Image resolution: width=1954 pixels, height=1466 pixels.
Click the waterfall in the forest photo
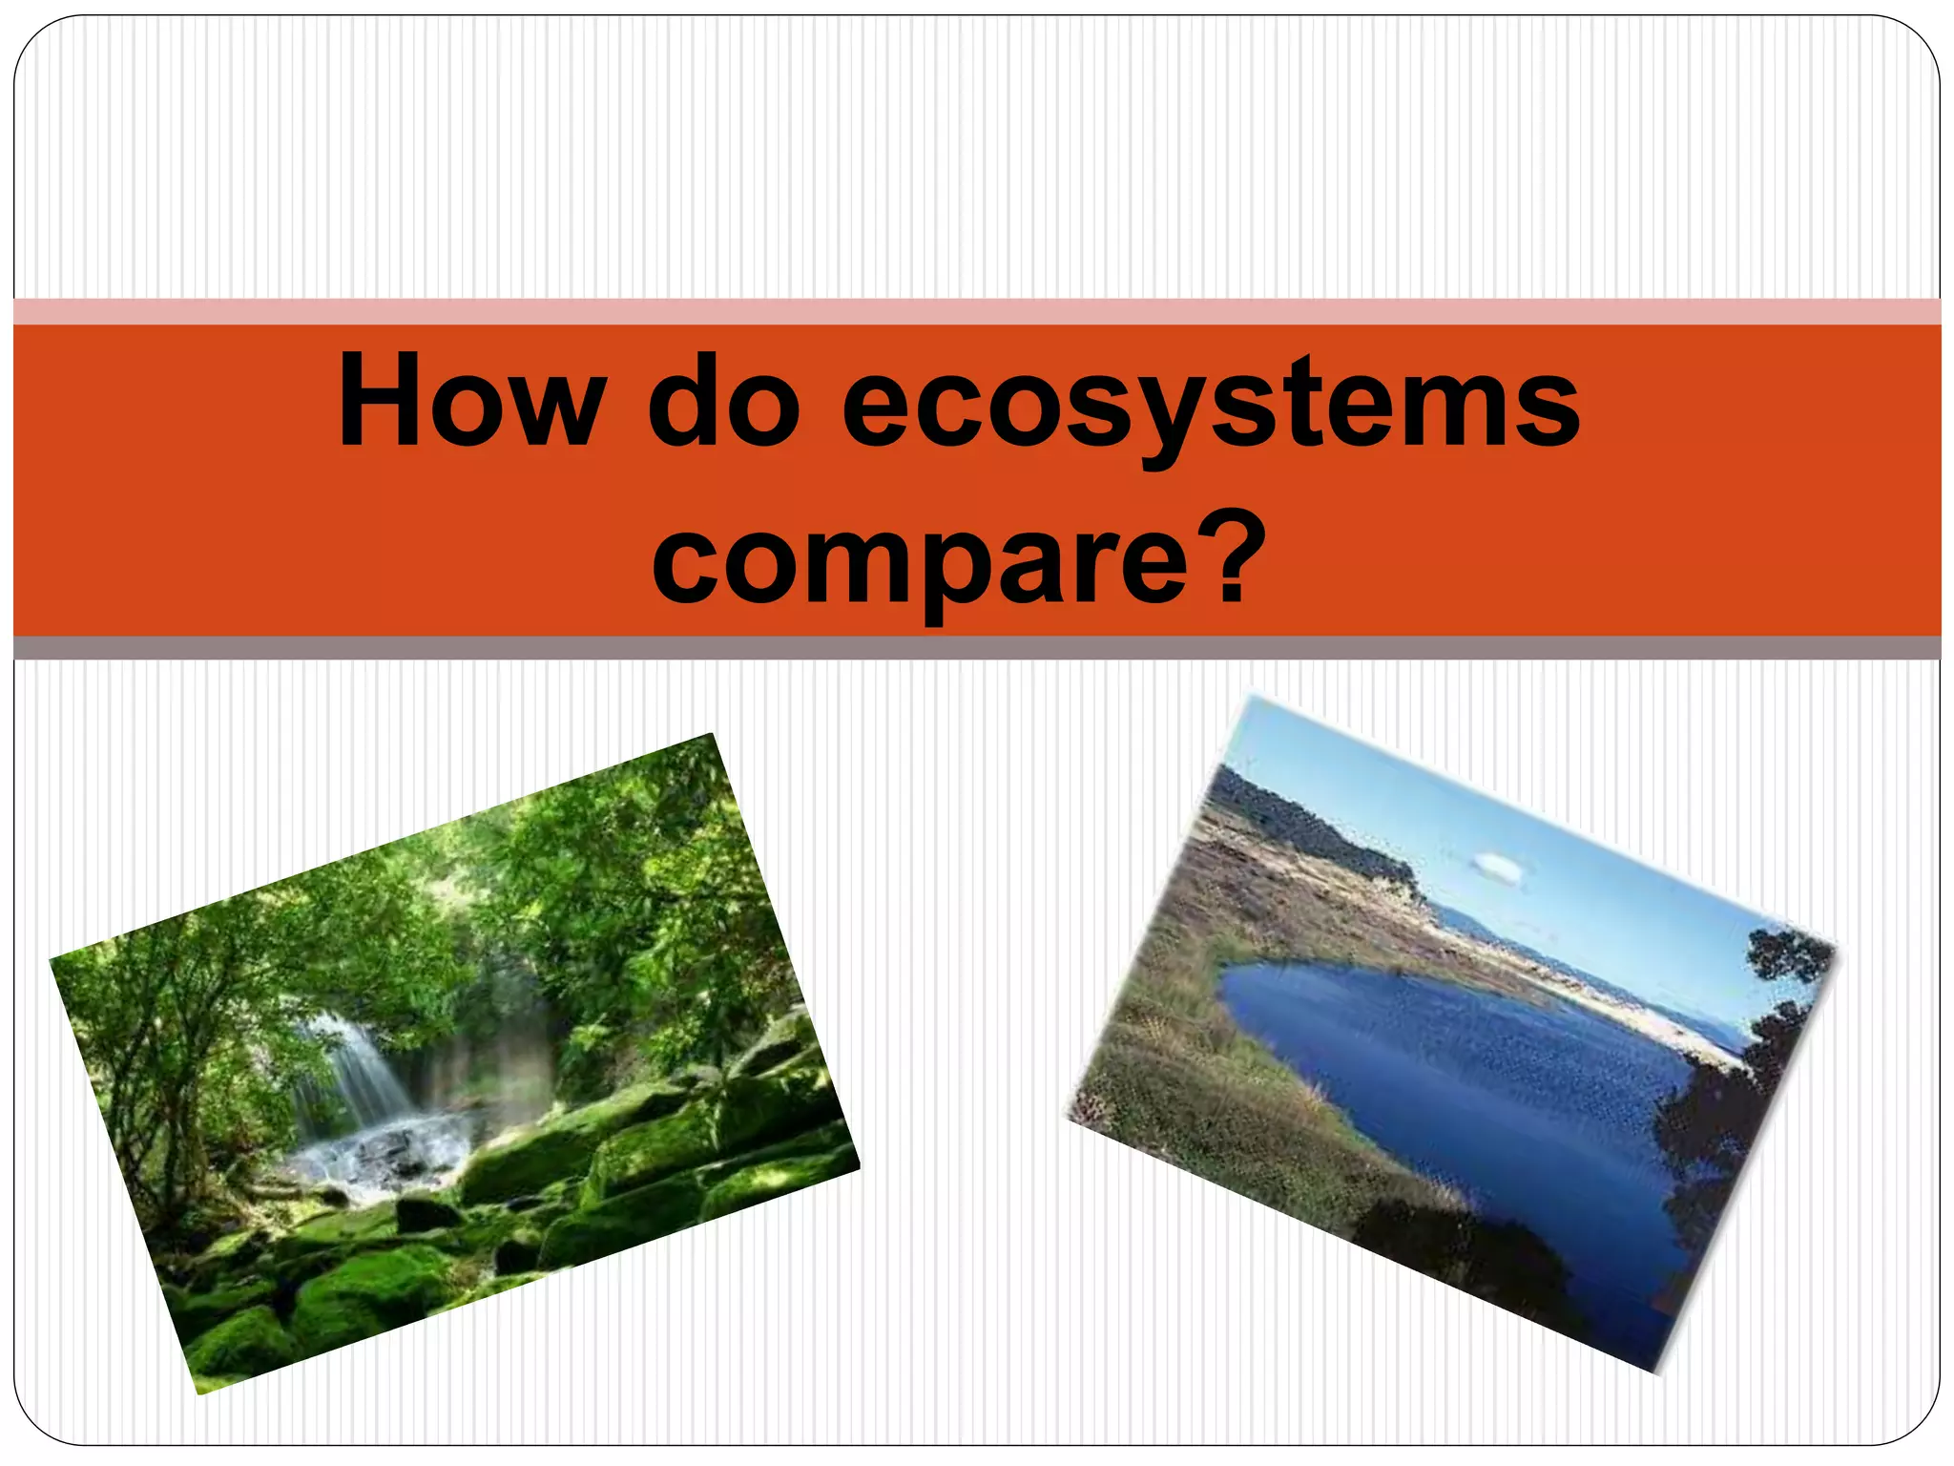tap(358, 1069)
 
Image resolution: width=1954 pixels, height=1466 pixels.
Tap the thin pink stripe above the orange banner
tap(977, 312)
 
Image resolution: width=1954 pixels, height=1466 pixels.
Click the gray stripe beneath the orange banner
tap(977, 648)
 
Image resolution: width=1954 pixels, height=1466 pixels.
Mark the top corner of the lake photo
tap(1252, 699)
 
